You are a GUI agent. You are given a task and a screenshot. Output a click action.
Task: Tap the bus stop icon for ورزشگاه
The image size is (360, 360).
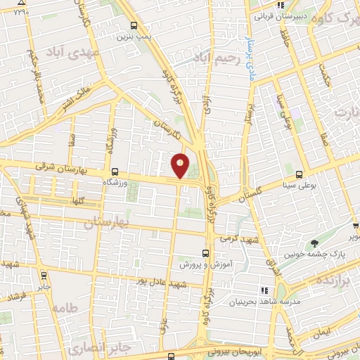115,171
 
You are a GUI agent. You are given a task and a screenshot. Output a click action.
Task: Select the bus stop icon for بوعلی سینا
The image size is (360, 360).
300,174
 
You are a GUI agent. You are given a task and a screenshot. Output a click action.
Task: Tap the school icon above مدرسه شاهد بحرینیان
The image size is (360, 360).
265,290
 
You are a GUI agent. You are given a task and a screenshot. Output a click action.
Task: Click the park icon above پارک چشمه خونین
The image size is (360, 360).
314,243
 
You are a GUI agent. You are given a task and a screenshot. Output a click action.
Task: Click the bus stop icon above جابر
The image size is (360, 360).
44,275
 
